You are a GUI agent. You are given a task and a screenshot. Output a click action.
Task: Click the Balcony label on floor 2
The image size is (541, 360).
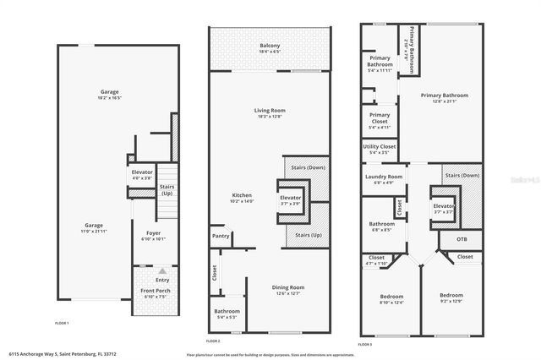point(270,46)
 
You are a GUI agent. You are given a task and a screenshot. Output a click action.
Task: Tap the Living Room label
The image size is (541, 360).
point(270,110)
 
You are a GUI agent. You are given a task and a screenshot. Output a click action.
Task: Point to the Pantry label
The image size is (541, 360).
point(221,236)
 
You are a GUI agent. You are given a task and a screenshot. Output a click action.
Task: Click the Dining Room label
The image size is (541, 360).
point(288,289)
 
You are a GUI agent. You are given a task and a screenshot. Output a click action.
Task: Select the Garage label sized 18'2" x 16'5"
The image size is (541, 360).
point(109,93)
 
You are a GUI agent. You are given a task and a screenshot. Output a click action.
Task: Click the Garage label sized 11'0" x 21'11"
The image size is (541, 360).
point(93,226)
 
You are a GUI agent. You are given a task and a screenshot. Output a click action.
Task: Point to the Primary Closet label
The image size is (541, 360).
point(380,117)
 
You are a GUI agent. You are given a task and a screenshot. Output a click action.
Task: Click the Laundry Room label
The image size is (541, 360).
point(377,177)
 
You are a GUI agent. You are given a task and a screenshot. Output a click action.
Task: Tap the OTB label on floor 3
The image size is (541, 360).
point(462,239)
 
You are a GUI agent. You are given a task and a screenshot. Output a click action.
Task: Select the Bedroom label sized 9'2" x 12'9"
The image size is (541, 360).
point(451,297)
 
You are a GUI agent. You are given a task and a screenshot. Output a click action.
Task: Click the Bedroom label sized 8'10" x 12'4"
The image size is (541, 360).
point(391,297)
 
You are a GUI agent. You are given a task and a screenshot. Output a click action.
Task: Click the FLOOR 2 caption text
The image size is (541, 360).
point(213,340)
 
